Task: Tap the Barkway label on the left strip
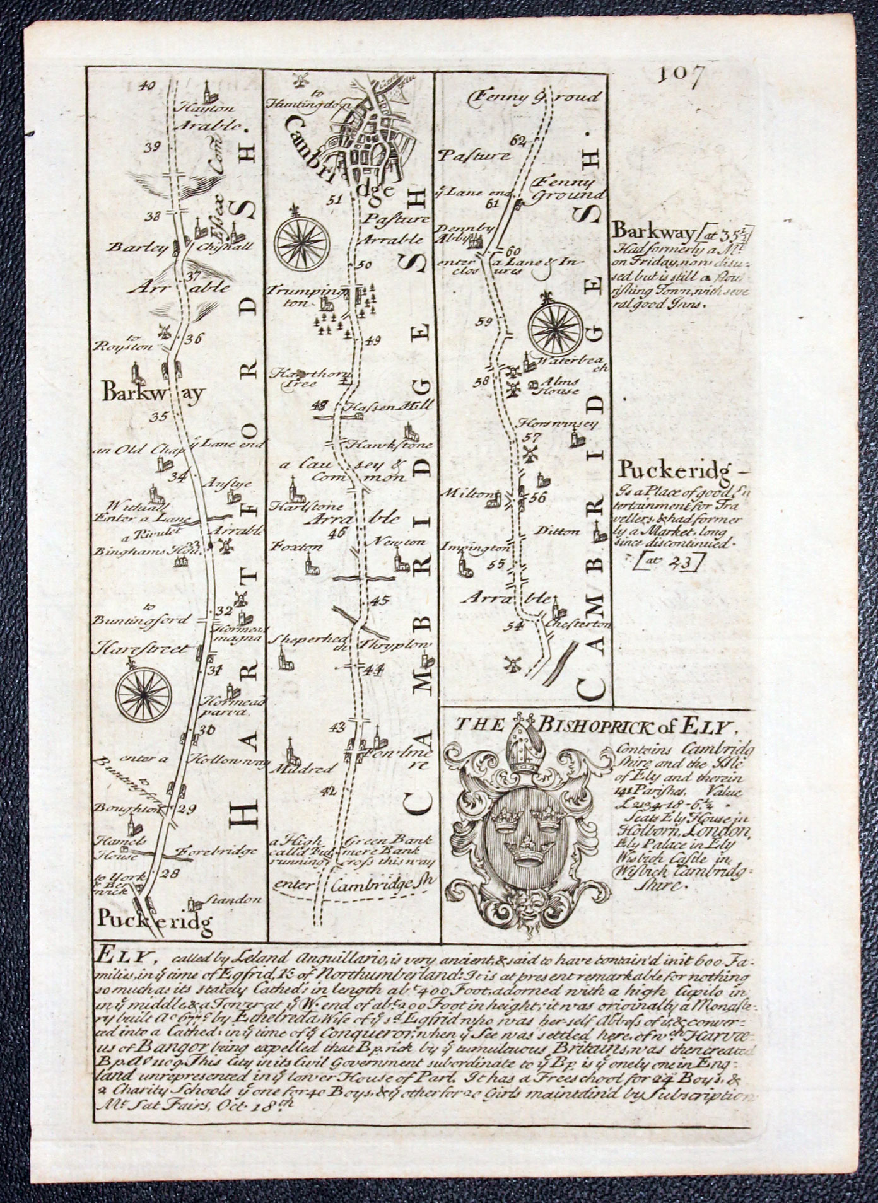(153, 394)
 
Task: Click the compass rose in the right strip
(556, 327)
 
